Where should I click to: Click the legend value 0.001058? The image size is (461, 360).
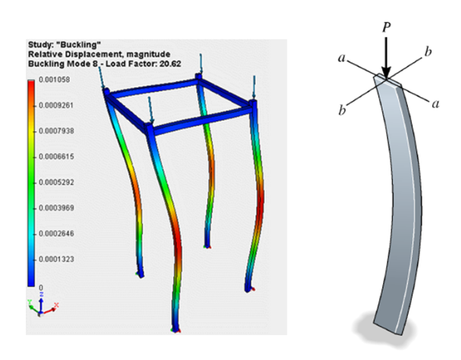[x=55, y=80]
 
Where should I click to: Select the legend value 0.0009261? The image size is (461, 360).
[x=56, y=105]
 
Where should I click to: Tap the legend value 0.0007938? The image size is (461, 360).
[x=56, y=131]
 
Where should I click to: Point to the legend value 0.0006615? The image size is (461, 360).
[x=56, y=156]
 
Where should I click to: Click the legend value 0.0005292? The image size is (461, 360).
[x=56, y=182]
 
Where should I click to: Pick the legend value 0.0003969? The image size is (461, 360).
[x=56, y=208]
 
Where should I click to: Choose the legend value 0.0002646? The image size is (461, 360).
[x=56, y=233]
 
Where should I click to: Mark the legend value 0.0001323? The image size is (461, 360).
[x=56, y=259]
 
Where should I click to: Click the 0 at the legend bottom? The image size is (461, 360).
[x=41, y=288]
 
